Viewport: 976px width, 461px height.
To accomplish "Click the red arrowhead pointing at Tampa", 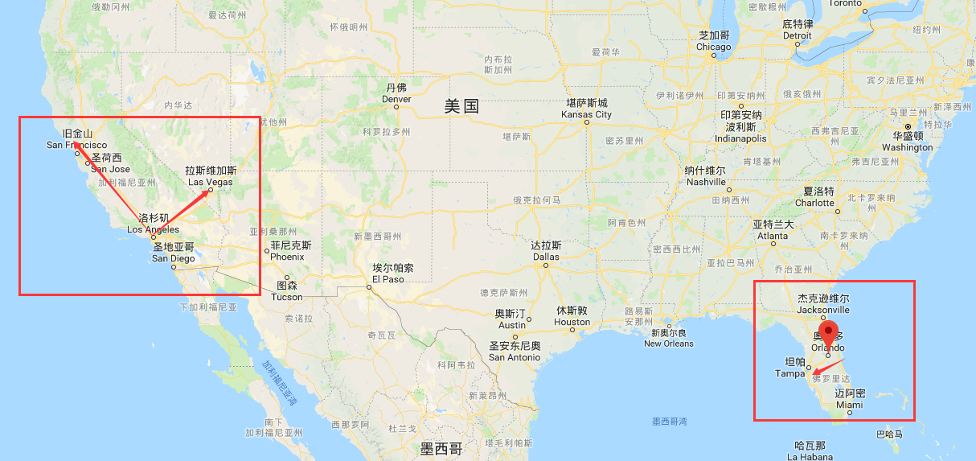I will [816, 373].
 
